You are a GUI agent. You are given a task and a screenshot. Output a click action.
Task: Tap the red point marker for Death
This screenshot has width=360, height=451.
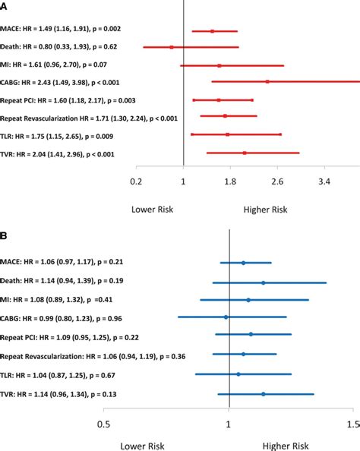pyautogui.click(x=172, y=47)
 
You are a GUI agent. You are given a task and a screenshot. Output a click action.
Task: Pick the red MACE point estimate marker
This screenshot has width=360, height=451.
pyautogui.click(x=212, y=31)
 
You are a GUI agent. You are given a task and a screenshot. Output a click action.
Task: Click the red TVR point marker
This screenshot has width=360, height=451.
pyautogui.click(x=245, y=153)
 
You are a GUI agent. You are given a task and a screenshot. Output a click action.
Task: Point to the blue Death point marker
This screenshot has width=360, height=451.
pyautogui.click(x=264, y=282)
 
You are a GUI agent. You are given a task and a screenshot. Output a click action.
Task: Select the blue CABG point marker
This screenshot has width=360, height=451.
pyautogui.click(x=226, y=317)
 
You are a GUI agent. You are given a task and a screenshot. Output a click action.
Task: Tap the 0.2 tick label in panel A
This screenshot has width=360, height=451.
pyautogui.click(x=137, y=182)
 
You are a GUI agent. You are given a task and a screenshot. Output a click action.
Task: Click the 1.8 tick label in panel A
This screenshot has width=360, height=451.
pyautogui.click(x=230, y=182)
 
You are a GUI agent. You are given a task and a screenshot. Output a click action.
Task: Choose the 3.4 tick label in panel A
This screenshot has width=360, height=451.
pyautogui.click(x=324, y=182)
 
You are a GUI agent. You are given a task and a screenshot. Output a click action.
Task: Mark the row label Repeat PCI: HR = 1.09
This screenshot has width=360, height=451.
pyautogui.click(x=58, y=336)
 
